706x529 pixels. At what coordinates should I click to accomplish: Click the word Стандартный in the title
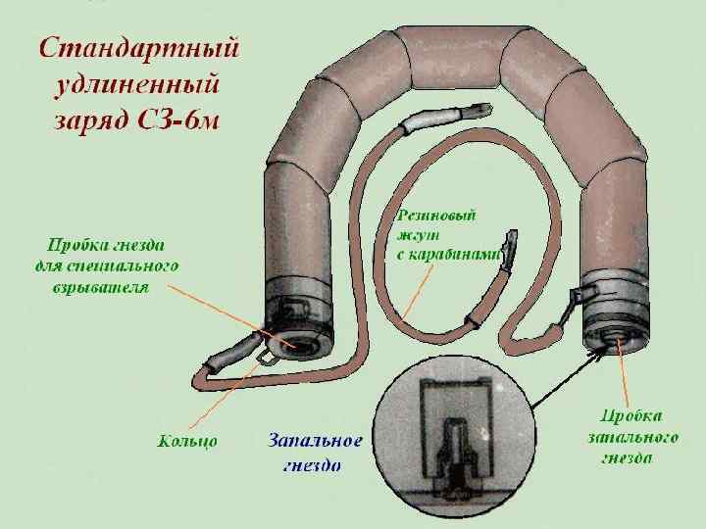(x=138, y=48)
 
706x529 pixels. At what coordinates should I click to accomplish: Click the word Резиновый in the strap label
(x=436, y=215)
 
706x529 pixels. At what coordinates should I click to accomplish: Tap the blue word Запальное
(x=315, y=441)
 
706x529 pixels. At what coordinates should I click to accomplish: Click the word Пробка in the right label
(x=629, y=415)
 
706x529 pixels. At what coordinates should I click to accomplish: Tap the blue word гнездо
(x=313, y=464)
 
